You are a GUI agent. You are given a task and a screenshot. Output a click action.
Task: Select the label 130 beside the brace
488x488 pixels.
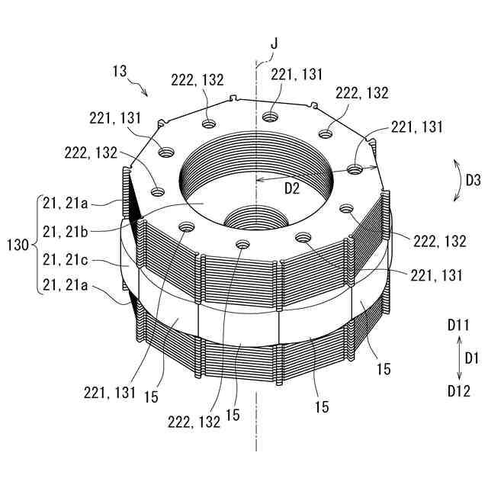[17, 246]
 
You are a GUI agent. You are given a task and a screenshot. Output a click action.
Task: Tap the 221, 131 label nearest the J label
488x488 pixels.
[301, 74]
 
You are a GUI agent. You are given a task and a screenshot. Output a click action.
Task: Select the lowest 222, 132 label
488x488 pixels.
[194, 420]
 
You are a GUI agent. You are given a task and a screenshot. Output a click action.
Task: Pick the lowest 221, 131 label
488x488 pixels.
[111, 393]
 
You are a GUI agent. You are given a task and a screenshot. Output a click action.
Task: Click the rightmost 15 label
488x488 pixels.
[383, 369]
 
